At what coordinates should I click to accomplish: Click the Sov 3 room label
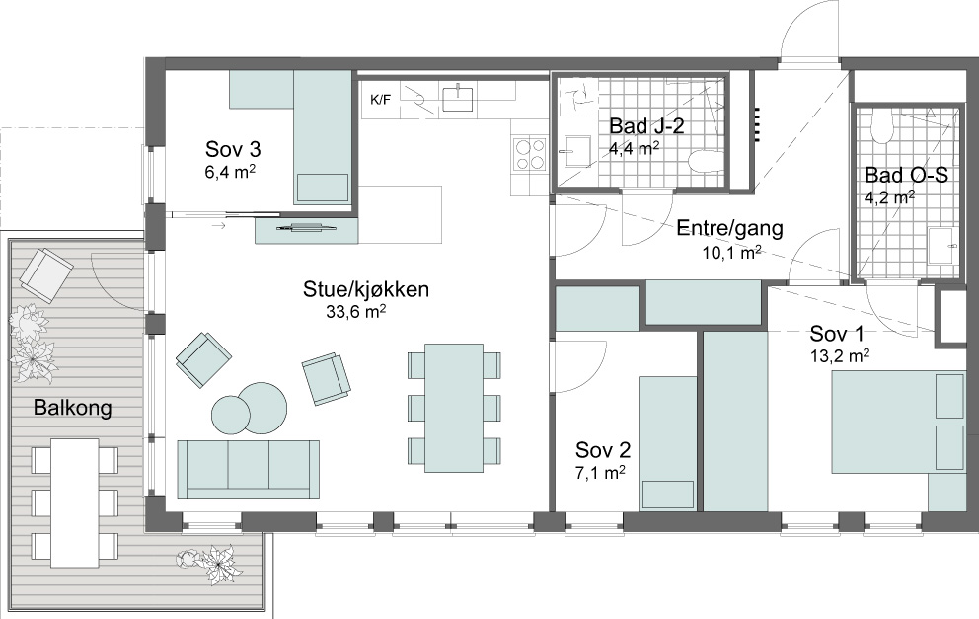(233, 150)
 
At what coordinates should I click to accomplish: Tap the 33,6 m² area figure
(355, 312)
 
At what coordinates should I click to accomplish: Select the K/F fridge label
(380, 100)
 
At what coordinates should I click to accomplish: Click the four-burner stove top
(529, 154)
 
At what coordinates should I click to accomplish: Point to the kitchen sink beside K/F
(457, 98)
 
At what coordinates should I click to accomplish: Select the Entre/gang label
(729, 228)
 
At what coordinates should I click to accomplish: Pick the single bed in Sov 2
(667, 443)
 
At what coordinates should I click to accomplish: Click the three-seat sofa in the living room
(249, 469)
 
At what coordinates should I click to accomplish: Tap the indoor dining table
(454, 409)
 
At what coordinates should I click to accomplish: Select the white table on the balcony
(75, 501)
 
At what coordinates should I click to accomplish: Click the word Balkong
(72, 408)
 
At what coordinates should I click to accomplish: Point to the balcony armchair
(46, 274)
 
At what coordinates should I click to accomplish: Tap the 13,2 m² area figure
(840, 355)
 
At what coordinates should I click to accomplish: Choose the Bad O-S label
(906, 175)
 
